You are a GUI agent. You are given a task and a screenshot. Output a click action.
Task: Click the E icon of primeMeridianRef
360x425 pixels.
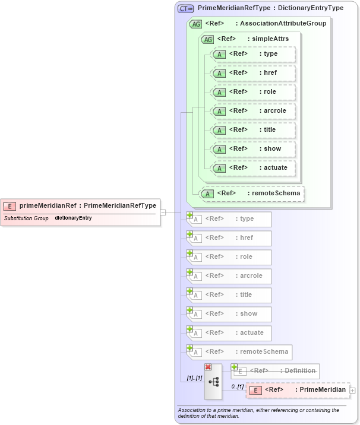10,206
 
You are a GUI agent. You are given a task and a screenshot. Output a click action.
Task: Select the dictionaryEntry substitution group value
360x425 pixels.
73,218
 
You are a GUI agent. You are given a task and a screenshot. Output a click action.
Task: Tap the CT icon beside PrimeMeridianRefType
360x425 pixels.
186,9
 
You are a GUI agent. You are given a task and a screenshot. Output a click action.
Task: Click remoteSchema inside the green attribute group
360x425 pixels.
252,193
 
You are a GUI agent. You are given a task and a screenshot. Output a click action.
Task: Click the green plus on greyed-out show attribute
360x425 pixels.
190,310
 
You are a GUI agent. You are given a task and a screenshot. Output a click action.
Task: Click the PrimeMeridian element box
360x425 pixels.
297,390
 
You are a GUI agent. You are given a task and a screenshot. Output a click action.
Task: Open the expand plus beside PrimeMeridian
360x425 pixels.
353,390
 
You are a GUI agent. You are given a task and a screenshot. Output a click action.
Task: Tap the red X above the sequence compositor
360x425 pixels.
208,367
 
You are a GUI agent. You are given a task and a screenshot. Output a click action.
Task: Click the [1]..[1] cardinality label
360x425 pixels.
194,378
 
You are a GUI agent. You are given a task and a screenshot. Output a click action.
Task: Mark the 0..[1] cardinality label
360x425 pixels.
236,387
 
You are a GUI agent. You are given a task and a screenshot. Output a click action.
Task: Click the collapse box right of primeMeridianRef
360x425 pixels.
163,212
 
